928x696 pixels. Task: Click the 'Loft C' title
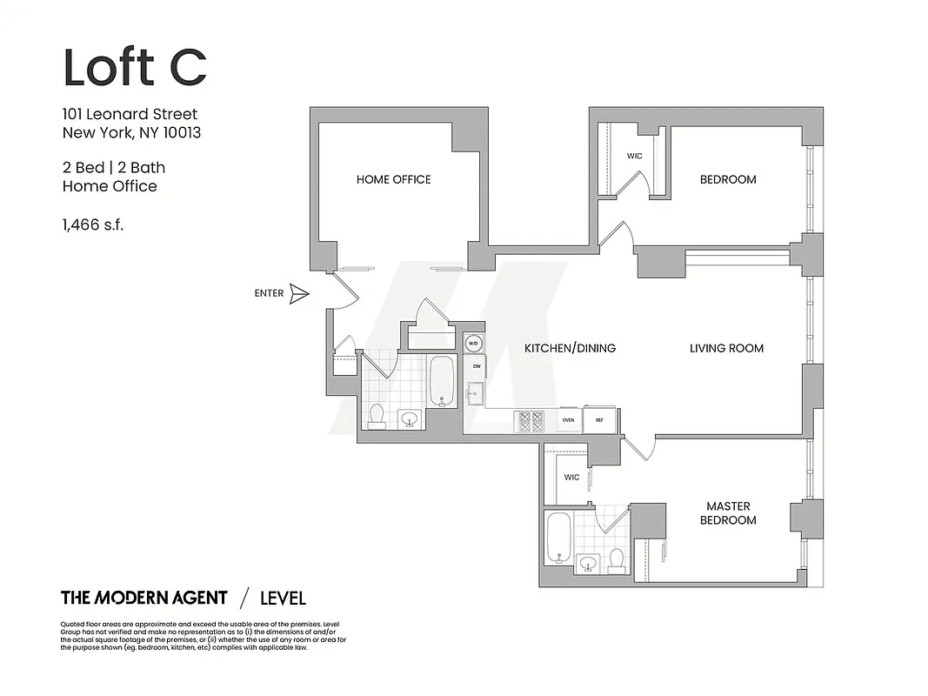[135, 67]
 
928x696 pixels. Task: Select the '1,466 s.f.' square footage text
[93, 224]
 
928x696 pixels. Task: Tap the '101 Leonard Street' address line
[130, 114]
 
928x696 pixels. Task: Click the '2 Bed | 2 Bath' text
[113, 167]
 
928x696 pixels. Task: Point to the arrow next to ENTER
[299, 294]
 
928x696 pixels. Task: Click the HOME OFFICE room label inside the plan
[393, 179]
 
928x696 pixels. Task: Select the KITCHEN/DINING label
[570, 348]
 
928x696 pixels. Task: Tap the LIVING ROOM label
[726, 348]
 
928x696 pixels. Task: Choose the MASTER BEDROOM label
[728, 513]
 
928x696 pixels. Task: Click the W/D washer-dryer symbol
[474, 344]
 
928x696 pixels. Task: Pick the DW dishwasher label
[476, 367]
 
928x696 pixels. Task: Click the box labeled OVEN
[568, 420]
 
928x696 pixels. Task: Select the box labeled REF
[599, 420]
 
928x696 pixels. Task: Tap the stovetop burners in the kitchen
[531, 421]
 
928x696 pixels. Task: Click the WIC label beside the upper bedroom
[634, 157]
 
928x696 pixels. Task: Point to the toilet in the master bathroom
[616, 560]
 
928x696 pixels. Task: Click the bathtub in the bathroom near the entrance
[442, 380]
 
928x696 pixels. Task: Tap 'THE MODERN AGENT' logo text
[144, 598]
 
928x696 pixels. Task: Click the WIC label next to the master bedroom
[571, 478]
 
